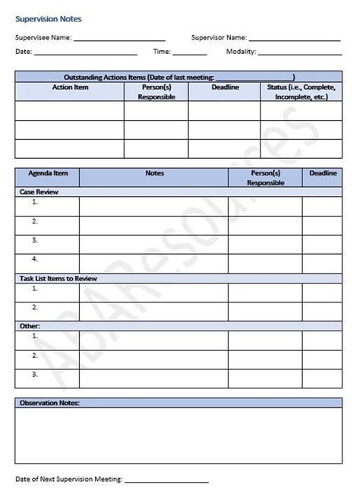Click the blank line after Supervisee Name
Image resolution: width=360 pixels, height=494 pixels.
click(x=119, y=39)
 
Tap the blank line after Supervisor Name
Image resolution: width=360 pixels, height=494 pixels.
click(x=295, y=39)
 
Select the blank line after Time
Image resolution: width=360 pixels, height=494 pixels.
click(x=190, y=54)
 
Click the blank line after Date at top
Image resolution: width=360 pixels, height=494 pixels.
click(x=85, y=54)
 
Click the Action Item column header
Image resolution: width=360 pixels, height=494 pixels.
click(x=70, y=87)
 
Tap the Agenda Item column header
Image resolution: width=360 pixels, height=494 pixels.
click(x=47, y=173)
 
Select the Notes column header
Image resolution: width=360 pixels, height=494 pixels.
click(x=154, y=173)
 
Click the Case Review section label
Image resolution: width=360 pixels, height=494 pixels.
click(x=38, y=192)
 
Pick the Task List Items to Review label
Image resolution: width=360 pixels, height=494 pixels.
click(x=58, y=278)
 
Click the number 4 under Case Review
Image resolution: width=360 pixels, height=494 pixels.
click(x=35, y=259)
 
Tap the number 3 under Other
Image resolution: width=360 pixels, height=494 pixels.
click(x=35, y=374)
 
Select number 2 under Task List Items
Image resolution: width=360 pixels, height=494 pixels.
click(x=35, y=307)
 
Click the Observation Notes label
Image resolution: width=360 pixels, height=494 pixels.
click(x=49, y=403)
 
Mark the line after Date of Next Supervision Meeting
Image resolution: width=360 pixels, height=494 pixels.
click(x=166, y=480)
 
